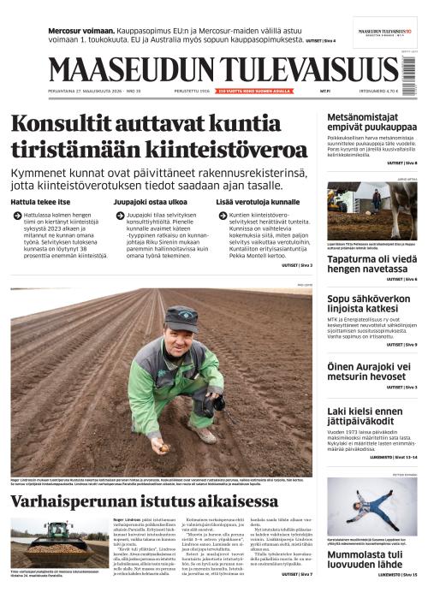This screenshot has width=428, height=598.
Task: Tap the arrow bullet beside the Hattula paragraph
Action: tap(16, 217)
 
